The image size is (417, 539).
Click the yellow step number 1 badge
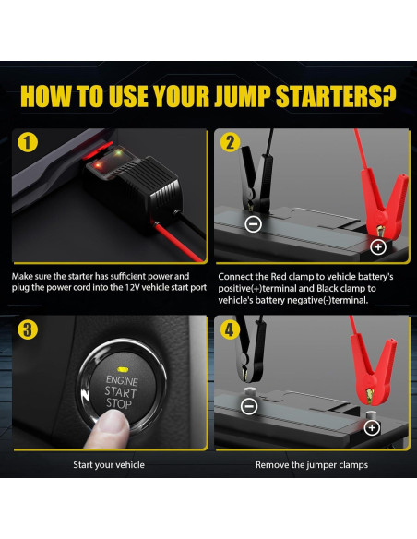point(27,142)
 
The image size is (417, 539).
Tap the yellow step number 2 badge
point(230,142)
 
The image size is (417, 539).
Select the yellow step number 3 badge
point(27,329)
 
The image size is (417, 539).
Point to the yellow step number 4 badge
point(230,329)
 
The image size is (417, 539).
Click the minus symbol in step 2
point(254,224)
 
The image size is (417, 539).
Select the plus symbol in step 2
point(378,246)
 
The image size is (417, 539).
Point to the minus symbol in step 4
point(249,407)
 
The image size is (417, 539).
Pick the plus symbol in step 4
point(372,427)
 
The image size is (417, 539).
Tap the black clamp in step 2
point(256,179)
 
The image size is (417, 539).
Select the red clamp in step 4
point(374,367)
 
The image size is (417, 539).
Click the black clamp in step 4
point(251,354)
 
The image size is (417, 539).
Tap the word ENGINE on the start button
point(122,380)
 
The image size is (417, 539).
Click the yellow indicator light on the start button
point(123,369)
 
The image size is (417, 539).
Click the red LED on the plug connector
point(98,165)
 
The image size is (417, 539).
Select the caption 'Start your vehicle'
point(109,465)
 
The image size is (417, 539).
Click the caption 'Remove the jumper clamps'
point(312,465)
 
